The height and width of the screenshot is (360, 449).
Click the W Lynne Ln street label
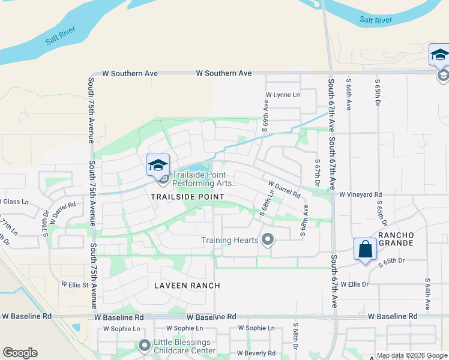point(283,95)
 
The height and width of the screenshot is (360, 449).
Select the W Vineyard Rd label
point(360,194)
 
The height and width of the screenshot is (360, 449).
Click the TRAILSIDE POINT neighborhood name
point(187,197)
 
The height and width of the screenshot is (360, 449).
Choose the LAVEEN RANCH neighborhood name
point(187,286)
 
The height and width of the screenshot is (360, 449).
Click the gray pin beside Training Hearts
point(268,241)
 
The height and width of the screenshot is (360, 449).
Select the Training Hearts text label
point(229,241)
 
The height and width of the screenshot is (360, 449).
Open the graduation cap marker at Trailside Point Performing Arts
point(158,165)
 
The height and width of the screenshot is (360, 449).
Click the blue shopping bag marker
point(365,248)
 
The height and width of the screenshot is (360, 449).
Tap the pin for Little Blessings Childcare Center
point(144,346)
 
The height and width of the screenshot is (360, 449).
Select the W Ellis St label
point(74,283)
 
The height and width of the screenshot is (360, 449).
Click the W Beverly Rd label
point(255,353)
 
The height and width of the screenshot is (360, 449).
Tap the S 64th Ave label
point(427,293)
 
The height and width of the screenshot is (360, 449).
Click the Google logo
point(20,353)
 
